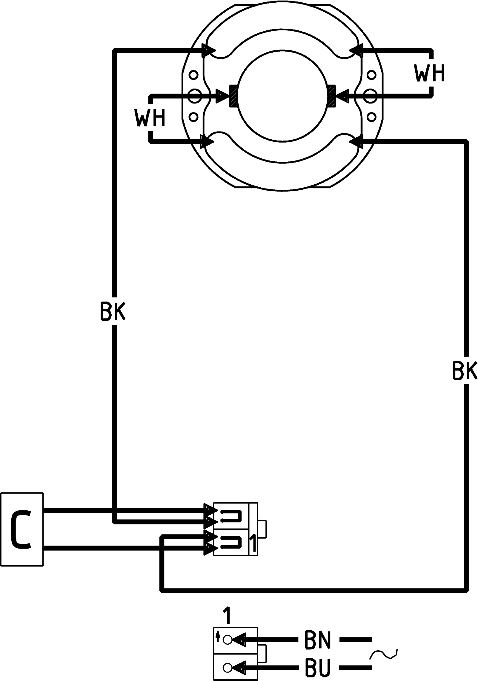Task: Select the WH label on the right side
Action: pos(429,73)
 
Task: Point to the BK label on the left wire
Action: pos(113,311)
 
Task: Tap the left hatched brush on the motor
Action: pos(233,96)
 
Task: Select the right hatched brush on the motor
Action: pos(332,96)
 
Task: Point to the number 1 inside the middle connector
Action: pos(252,544)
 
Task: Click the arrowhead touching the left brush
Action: pos(223,96)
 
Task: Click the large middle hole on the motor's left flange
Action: pos(194,96)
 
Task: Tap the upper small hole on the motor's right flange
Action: pos(371,75)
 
